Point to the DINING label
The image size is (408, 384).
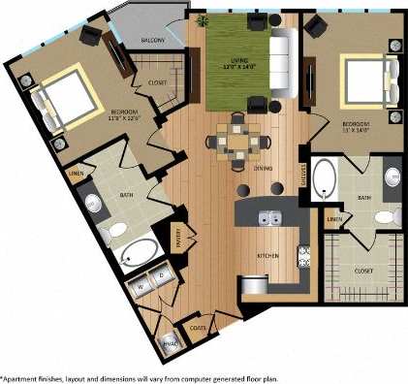click(264, 168)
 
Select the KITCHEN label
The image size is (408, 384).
click(268, 255)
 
